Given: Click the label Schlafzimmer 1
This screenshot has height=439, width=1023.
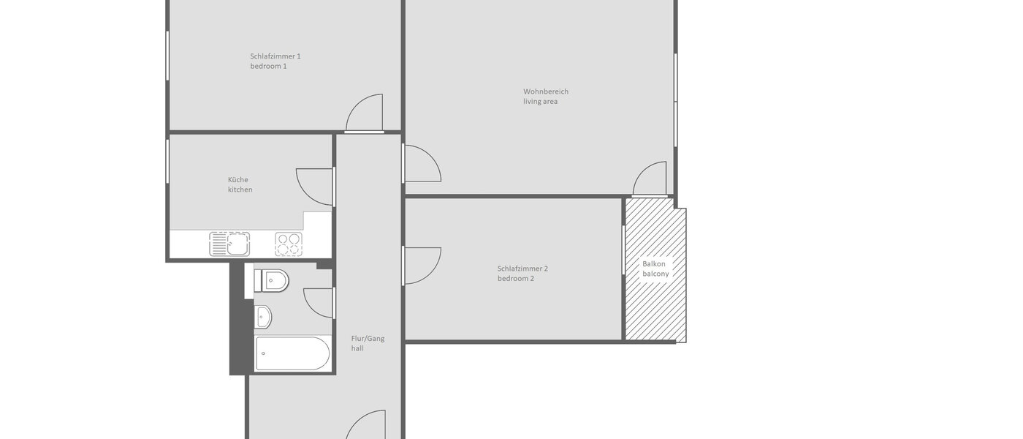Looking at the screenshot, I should tap(275, 56).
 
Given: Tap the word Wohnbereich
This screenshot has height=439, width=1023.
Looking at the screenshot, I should tap(545, 91).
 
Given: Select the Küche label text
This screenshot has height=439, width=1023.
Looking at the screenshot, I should tap(237, 180).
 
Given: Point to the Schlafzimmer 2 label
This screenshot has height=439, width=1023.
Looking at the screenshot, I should tap(522, 269).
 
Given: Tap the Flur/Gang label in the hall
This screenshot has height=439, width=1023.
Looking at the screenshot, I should tap(368, 338).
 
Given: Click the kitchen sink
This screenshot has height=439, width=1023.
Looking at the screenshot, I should tap(229, 244).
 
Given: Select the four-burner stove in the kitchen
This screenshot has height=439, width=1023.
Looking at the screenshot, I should tap(288, 244).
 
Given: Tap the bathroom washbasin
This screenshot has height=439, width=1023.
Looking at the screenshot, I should tap(263, 317).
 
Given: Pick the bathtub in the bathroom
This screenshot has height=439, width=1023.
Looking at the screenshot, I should tap(292, 354).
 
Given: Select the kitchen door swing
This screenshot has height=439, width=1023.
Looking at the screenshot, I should tap(316, 187).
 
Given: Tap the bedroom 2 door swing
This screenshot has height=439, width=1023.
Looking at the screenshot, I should tap(422, 265).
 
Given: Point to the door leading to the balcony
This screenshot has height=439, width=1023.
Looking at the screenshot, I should tap(650, 179).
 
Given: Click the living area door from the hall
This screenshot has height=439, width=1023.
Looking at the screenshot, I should tap(422, 163).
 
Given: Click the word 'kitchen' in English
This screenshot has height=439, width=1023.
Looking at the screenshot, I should tap(240, 190).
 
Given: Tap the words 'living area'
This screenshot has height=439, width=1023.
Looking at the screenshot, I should tap(540, 102).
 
